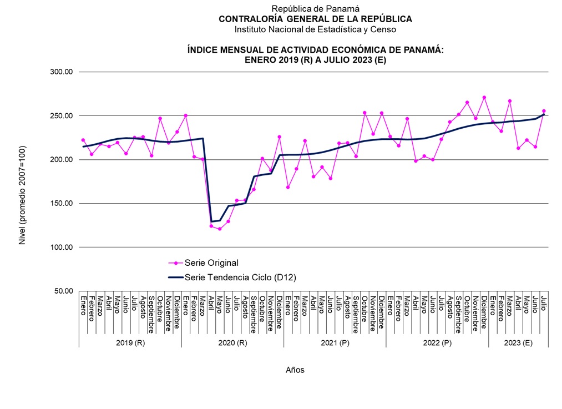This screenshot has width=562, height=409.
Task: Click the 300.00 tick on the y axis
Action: click(60, 72)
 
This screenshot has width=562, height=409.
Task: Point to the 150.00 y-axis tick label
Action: click(60, 204)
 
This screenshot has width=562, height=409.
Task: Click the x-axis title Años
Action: click(295, 370)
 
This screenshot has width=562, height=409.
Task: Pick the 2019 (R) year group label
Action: click(130, 342)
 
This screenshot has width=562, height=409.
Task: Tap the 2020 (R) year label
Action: click(232, 342)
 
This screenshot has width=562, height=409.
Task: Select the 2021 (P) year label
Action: click(335, 342)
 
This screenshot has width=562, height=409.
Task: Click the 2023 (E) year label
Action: click(518, 342)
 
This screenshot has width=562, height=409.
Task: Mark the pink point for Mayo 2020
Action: click(220, 229)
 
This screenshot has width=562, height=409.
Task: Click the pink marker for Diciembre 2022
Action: click(484, 98)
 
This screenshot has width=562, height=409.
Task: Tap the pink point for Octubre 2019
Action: click(160, 118)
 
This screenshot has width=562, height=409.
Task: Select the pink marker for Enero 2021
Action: click(288, 187)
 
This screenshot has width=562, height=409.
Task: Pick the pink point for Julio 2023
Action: click(544, 111)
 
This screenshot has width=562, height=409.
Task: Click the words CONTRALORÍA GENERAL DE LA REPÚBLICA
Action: click(315, 19)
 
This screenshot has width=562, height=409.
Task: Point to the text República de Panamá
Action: click(315, 8)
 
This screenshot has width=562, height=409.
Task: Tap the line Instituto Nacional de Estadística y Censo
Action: click(315, 29)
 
